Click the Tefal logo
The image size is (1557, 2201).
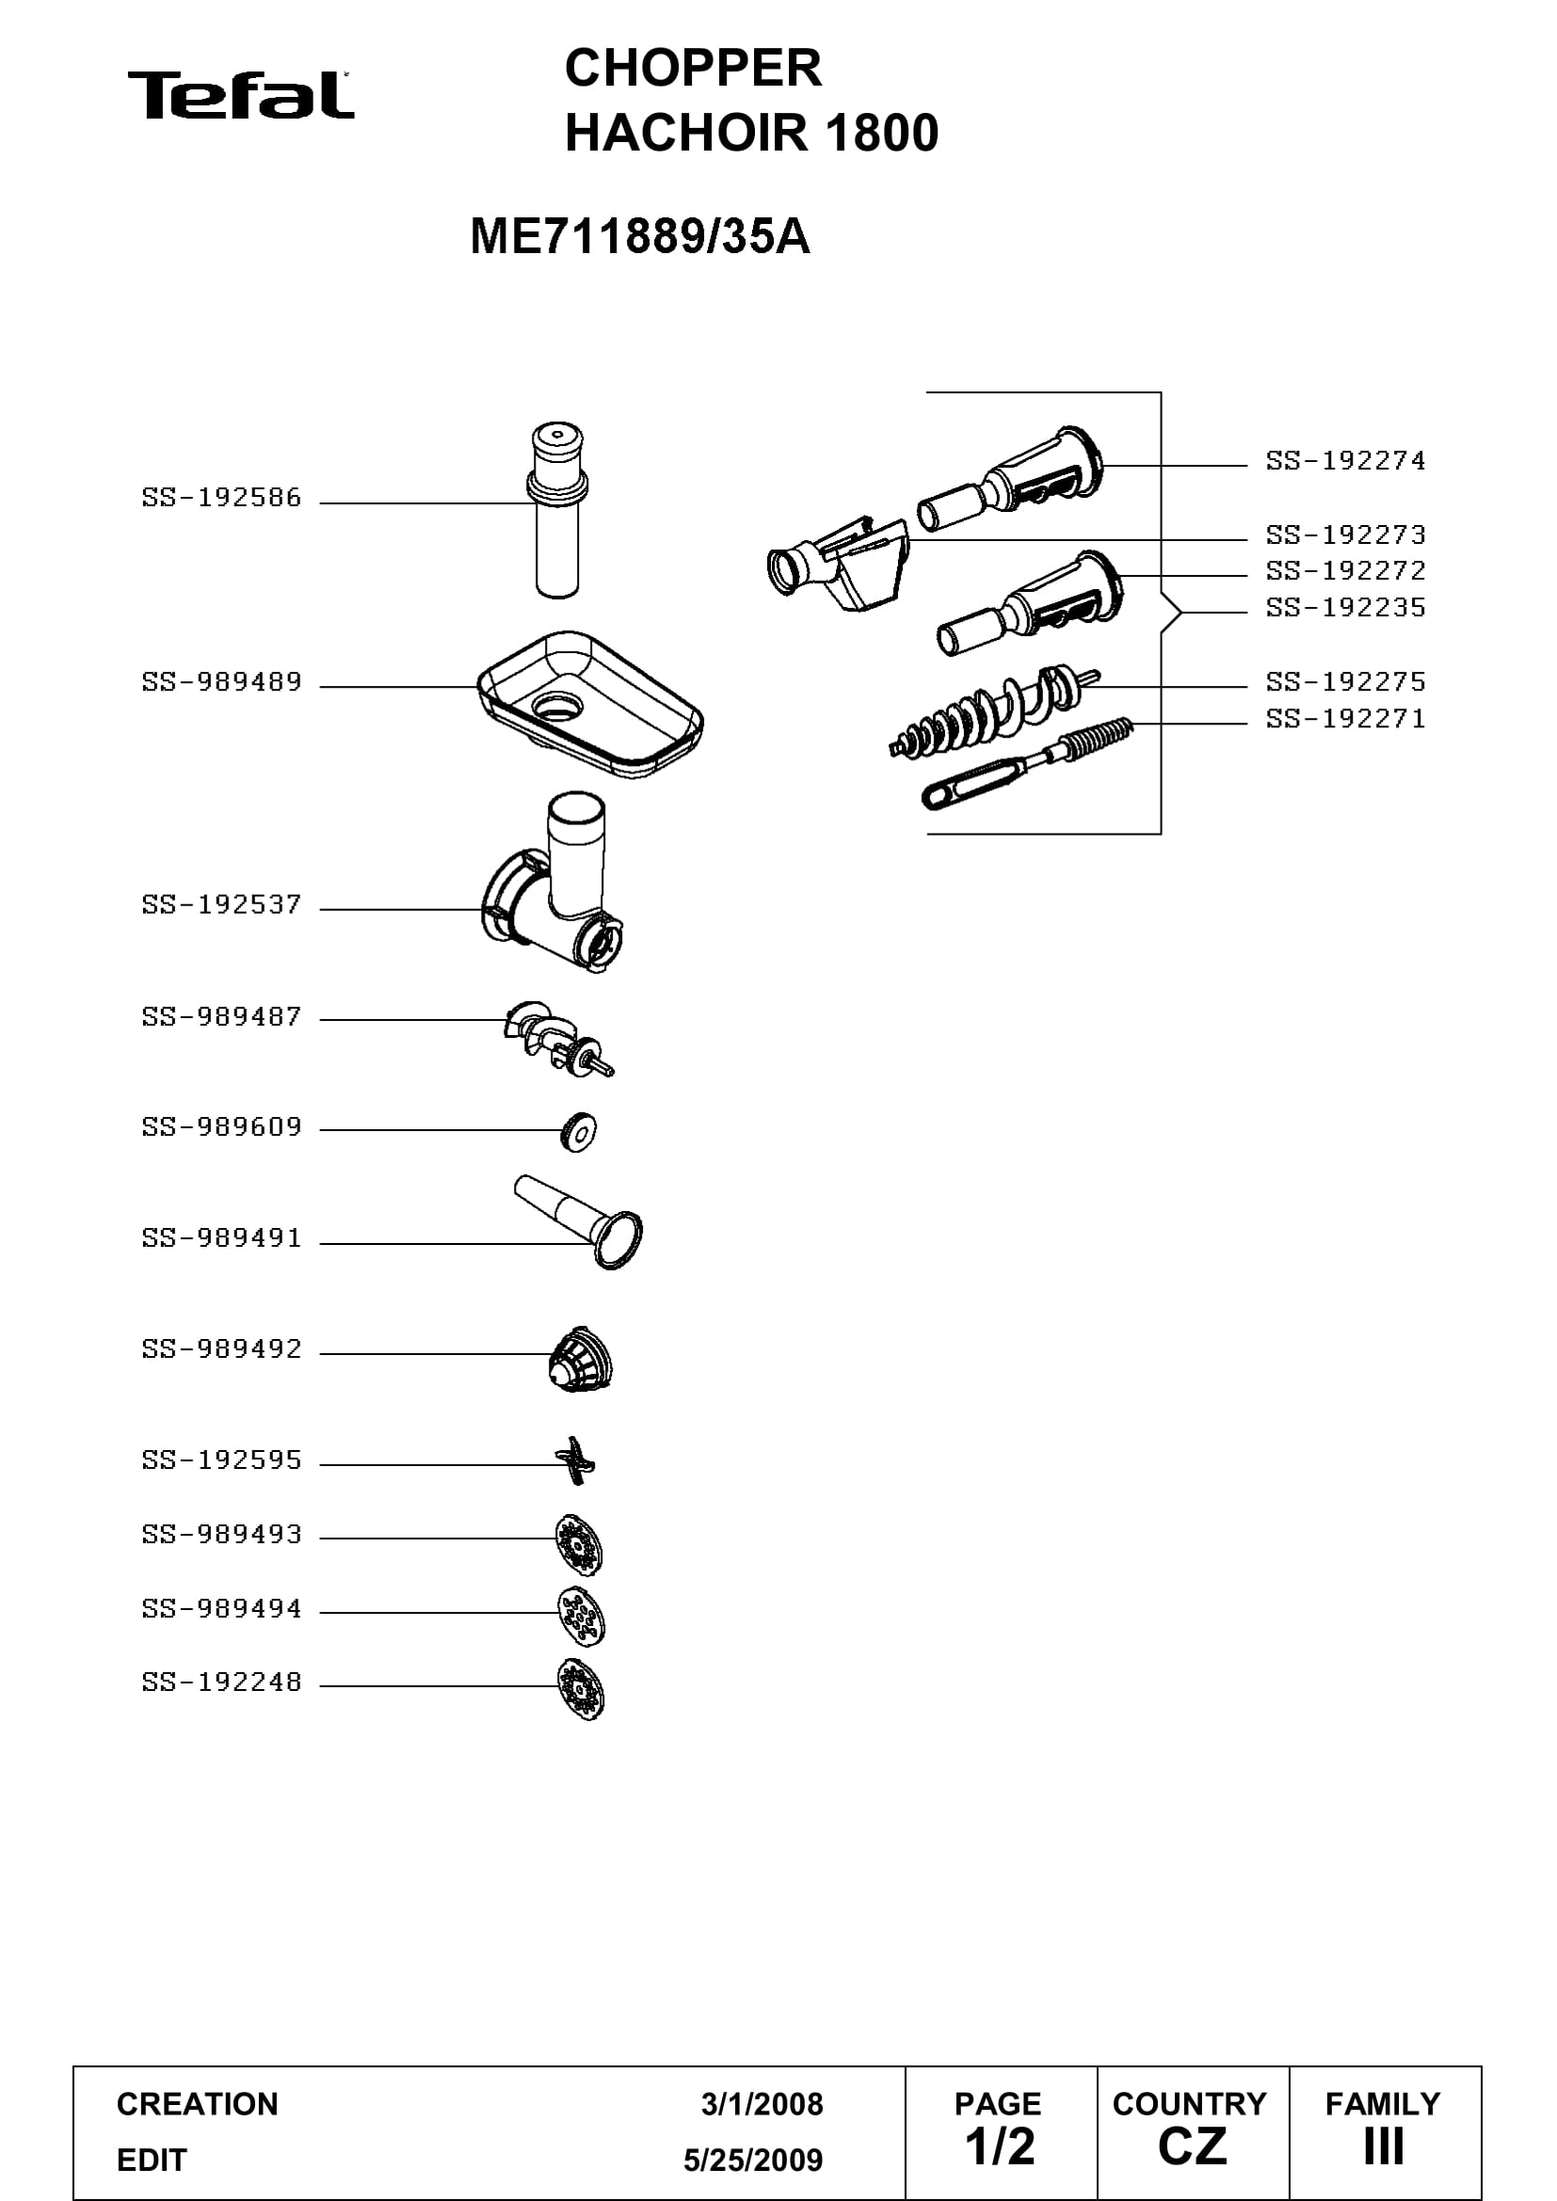pyautogui.click(x=241, y=95)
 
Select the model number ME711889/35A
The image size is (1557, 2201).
pyautogui.click(x=639, y=236)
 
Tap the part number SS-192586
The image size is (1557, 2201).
pyautogui.click(x=221, y=498)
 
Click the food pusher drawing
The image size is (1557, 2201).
pyautogui.click(x=557, y=510)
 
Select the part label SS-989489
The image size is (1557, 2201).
pyautogui.click(x=221, y=681)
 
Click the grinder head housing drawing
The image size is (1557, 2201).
pyautogui.click(x=553, y=882)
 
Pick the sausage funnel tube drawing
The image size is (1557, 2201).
pyautogui.click(x=579, y=1221)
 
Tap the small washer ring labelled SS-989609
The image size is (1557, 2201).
pyautogui.click(x=578, y=1132)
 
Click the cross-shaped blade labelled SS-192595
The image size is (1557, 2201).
pyautogui.click(x=575, y=1461)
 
